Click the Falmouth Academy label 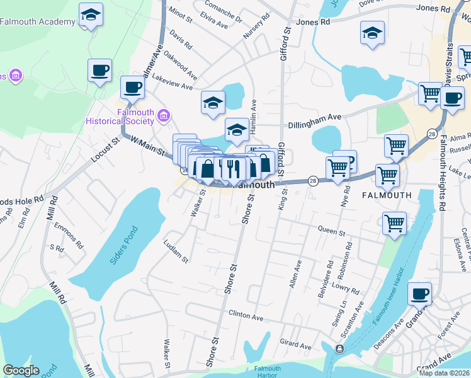coord(37,21)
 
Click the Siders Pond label coord(123,252)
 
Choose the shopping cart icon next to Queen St coord(394,222)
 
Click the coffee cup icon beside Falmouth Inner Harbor coord(419,293)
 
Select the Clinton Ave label coord(246,317)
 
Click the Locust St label coord(105,151)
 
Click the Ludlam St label coord(176,250)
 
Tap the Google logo coord(21,370)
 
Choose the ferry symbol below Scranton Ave coord(340,348)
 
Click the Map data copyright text coord(444,373)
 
